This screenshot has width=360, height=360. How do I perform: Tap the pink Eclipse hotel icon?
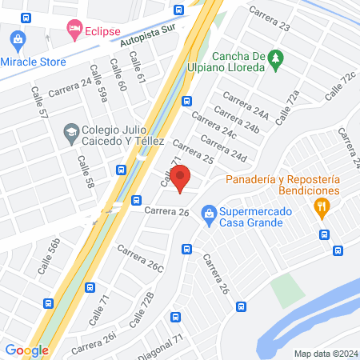pyautogui.click(x=74, y=30)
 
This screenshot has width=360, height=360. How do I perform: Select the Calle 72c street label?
pyautogui.click(x=340, y=86)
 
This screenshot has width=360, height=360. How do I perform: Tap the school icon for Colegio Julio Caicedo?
pyautogui.click(x=71, y=130)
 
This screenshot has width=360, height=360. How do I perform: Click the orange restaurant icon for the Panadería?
pyautogui.click(x=322, y=210)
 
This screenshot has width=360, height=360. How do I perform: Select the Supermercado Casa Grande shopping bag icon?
pyautogui.click(x=209, y=214)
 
